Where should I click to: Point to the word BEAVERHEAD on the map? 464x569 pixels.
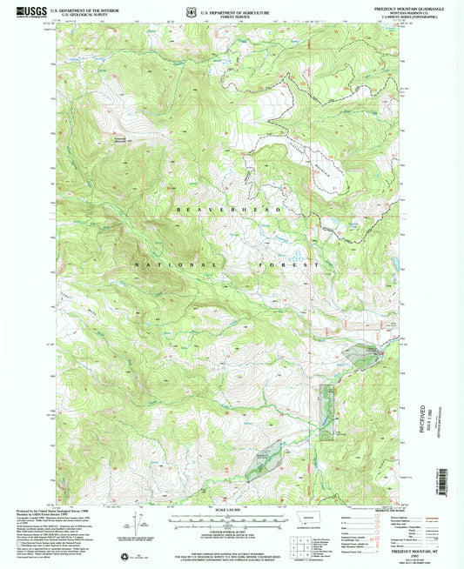pos(228,210)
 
